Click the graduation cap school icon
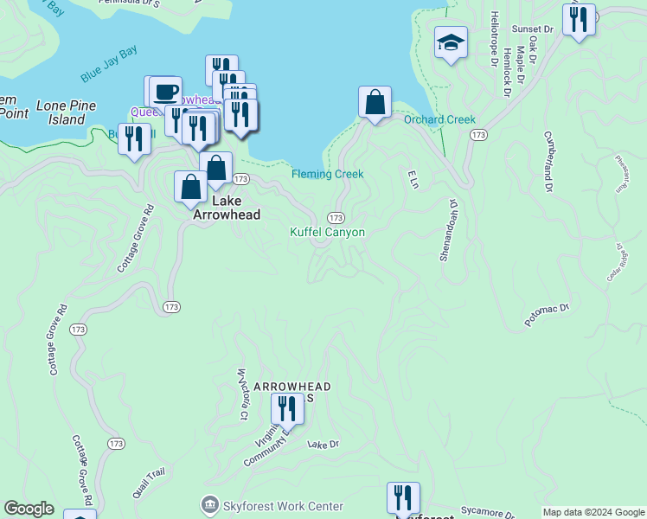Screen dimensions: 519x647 (x=450, y=42)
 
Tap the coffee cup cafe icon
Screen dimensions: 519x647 (x=164, y=91)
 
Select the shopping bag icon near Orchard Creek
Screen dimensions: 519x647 (x=375, y=103)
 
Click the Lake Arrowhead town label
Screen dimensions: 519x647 (x=224, y=208)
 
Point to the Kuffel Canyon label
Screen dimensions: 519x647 (x=327, y=233)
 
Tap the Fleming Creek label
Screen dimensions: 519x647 (x=327, y=174)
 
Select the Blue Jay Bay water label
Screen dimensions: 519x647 (x=109, y=67)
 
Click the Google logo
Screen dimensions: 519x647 (x=29, y=509)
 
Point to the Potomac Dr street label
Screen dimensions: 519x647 (x=548, y=314)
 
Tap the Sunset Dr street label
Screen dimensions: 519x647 (x=531, y=29)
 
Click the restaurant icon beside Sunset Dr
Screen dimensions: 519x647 (x=579, y=19)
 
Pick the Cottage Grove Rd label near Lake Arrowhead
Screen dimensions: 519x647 (x=135, y=239)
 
